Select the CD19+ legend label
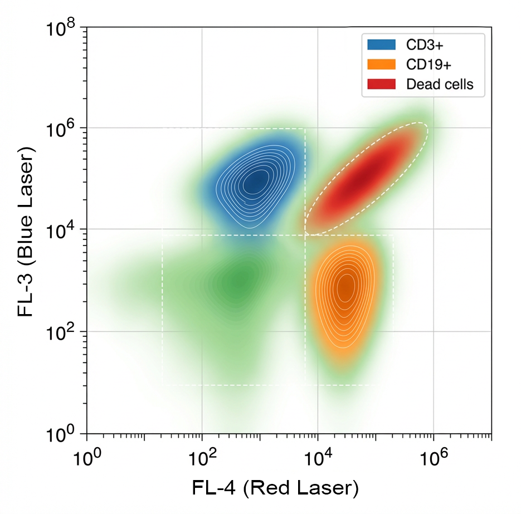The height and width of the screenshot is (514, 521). (x=428, y=65)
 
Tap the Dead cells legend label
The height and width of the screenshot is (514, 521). (x=440, y=84)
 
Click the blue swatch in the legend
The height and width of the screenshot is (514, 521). (x=381, y=45)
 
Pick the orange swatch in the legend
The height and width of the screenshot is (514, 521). (x=381, y=65)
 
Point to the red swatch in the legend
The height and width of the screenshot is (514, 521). (x=381, y=84)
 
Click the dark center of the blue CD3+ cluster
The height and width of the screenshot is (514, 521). (x=256, y=180)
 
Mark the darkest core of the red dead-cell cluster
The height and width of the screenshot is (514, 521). (x=362, y=178)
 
